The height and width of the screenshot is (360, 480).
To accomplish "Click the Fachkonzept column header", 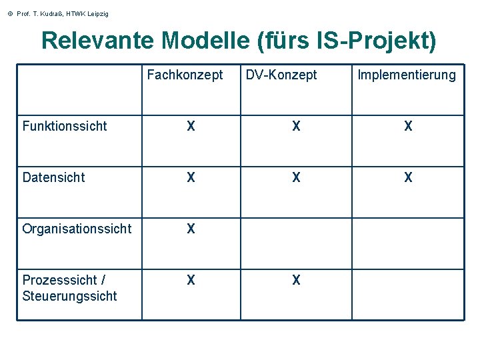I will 185,75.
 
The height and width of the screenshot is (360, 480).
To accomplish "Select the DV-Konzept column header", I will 281,75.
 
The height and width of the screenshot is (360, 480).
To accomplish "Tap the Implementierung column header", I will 407,75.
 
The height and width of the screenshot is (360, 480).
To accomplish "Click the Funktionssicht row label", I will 65,127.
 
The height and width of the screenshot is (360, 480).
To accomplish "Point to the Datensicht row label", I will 54,178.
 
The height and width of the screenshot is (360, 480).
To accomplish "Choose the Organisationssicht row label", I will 77,229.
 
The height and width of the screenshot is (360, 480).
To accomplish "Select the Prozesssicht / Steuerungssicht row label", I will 69,288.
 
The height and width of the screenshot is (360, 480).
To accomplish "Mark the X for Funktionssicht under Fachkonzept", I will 191,127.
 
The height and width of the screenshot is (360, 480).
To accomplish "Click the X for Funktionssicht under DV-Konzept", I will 296,127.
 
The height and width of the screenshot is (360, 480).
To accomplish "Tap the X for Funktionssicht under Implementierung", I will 408,127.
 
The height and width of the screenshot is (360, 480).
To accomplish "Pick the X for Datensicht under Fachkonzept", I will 191,178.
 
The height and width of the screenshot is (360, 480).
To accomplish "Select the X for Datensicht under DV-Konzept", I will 296,178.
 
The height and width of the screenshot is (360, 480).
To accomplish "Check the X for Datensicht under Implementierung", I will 408,178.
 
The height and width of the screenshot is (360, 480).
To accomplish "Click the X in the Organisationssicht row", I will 191,229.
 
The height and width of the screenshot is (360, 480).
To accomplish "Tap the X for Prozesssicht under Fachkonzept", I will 191,281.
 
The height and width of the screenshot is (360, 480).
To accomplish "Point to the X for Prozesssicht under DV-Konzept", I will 296,281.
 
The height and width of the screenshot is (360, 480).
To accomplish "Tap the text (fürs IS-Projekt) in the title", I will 346,41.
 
